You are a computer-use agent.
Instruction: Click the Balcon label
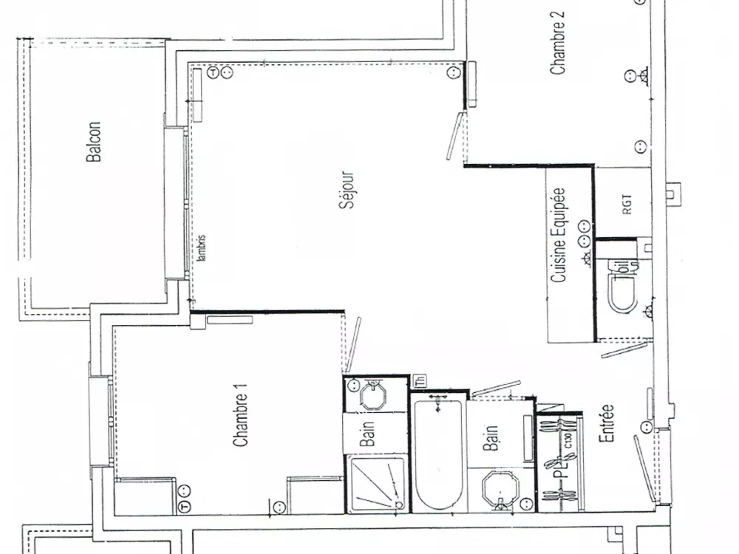click(x=94, y=142)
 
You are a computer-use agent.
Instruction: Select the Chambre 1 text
click(x=240, y=419)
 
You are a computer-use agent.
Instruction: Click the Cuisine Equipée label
click(x=559, y=234)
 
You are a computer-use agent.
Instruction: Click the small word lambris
click(x=202, y=248)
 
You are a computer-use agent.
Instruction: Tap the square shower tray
click(x=377, y=484)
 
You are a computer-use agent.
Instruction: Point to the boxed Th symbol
click(x=420, y=381)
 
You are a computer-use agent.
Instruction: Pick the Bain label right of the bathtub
click(x=491, y=437)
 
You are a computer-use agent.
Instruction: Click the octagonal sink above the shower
click(x=374, y=394)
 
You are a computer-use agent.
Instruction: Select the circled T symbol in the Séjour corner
click(x=213, y=72)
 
